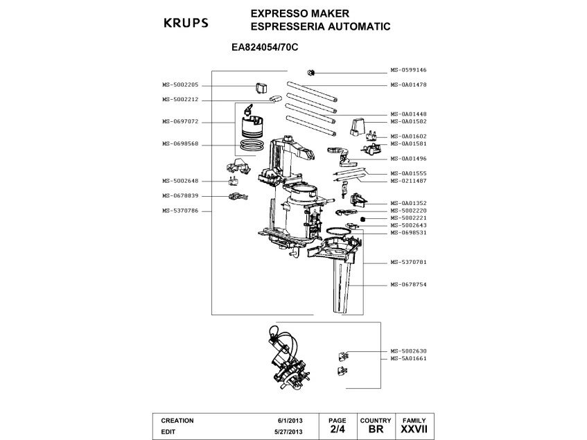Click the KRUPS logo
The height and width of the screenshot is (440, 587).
coord(185,23)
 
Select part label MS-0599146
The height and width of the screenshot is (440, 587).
coord(408,70)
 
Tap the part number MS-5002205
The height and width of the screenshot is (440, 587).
coord(180,85)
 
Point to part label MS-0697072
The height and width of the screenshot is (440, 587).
coord(180,121)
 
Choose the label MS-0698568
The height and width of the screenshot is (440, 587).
coord(180,143)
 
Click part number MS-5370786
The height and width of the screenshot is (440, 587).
coord(180,211)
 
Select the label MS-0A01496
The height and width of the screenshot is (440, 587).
coord(408,158)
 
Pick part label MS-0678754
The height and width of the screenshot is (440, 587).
coord(408,284)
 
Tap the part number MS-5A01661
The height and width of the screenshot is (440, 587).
coord(408,359)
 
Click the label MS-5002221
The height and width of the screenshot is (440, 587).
coord(408,218)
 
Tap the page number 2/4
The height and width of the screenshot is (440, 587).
coord(338,430)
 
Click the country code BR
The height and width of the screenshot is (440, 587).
coord(376,430)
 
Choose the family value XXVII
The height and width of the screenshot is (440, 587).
coord(414,430)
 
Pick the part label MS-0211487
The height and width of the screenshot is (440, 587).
coord(408,180)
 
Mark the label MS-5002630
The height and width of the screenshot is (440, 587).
coord(408,351)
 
